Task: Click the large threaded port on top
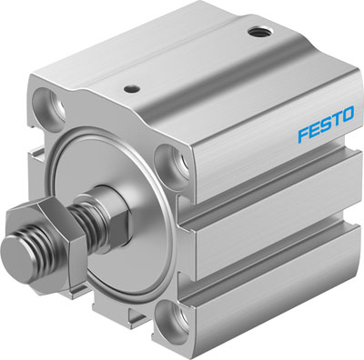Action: (260, 33)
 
